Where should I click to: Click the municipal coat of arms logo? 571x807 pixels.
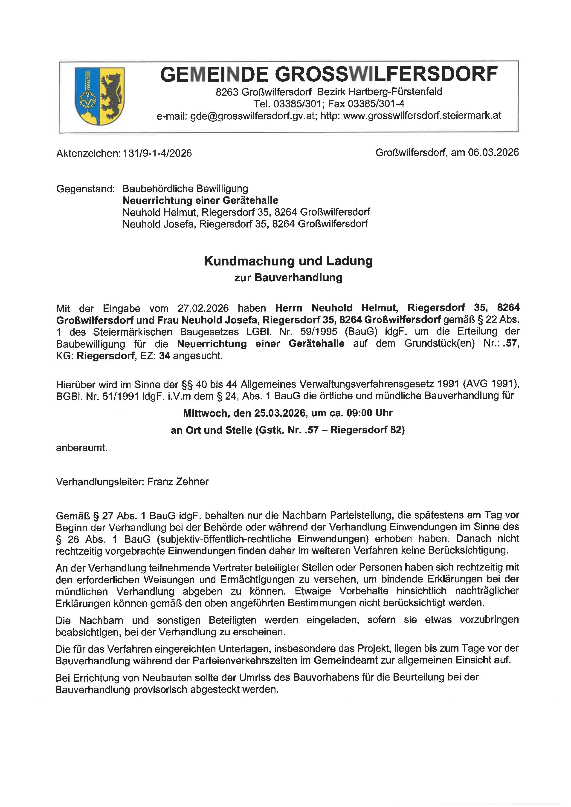click(99, 96)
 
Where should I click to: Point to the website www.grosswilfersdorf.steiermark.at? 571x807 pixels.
click(422, 116)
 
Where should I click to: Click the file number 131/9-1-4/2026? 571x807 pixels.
click(157, 153)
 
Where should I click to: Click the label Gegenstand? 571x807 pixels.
click(85, 189)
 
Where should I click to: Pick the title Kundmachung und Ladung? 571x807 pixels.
click(288, 261)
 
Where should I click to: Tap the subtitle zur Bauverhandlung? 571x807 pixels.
click(288, 278)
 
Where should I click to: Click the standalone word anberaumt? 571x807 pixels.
click(81, 448)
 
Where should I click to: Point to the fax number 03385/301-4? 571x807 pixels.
click(376, 104)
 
